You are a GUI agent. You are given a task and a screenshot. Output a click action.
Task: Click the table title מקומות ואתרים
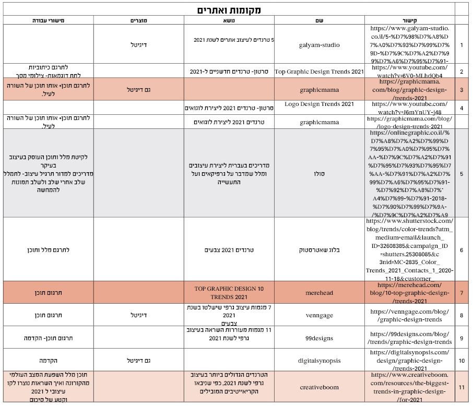[229, 10]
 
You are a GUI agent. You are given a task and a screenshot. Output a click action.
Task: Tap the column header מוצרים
[138, 20]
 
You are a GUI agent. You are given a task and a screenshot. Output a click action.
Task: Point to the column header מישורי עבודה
[48, 20]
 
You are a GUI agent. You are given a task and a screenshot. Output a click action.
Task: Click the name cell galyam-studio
[319, 45]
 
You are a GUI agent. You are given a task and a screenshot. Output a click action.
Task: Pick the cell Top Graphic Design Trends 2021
[319, 71]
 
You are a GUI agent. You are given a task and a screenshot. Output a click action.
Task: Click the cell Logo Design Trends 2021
[319, 104]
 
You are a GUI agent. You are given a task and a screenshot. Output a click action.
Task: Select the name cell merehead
[319, 293]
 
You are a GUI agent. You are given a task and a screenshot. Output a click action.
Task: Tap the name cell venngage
[319, 315]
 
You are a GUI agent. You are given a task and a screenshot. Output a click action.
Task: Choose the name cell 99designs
[319, 338]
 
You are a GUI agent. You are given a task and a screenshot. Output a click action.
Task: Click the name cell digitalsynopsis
[319, 360]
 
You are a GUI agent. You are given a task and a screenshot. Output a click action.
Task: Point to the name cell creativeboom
[319, 387]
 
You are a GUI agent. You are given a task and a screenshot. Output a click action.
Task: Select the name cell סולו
[319, 173]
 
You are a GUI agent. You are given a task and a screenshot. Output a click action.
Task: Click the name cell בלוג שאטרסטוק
[319, 250]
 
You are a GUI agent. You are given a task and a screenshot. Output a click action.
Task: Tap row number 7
[462, 293]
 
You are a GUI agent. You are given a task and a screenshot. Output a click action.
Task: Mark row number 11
[462, 387]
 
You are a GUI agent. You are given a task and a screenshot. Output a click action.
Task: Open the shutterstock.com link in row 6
[410, 250]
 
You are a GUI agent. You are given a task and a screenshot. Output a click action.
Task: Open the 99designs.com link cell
[410, 338]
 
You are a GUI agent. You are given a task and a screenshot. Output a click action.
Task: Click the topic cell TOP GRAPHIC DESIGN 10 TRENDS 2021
[229, 293]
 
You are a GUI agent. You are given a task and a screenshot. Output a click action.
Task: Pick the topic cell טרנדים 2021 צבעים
[229, 250]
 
